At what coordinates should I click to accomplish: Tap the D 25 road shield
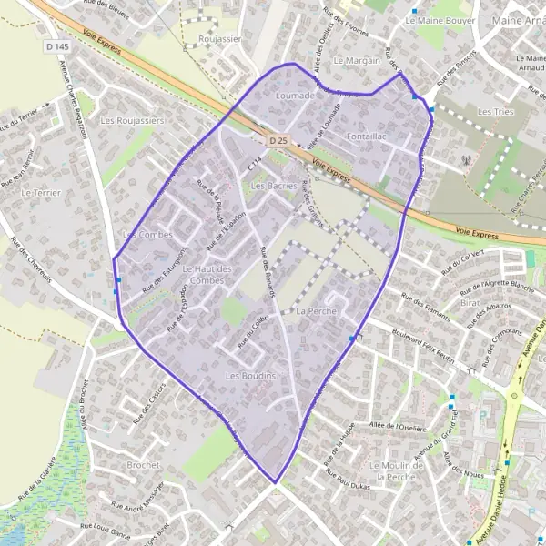[x=278, y=141]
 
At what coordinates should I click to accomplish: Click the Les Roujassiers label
[x=133, y=120]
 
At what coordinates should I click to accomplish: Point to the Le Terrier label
[x=38, y=194]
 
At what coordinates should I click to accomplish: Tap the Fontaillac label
[x=368, y=136]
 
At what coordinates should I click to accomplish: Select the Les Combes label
[x=147, y=235]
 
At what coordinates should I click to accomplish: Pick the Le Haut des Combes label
[x=208, y=275]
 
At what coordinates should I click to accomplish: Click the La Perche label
[x=317, y=311]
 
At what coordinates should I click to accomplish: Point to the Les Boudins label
[x=250, y=376]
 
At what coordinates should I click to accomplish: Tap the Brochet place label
[x=144, y=464]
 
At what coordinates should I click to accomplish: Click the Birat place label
[x=470, y=301]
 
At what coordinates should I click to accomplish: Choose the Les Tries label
[x=496, y=111]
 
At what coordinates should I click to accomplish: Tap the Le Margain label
[x=357, y=60]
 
